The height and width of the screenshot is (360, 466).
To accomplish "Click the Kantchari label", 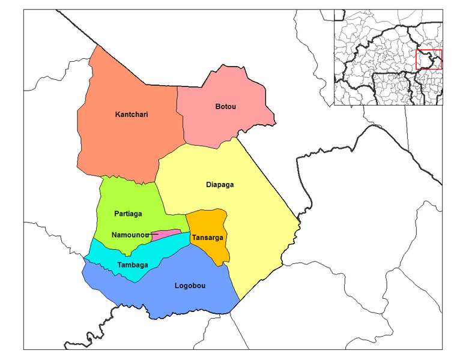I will (x=132, y=114).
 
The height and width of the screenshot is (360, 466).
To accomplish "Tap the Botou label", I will (x=225, y=107).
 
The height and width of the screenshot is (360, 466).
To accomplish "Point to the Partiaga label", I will (x=128, y=213).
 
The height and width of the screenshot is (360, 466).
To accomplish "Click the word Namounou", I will (x=129, y=235).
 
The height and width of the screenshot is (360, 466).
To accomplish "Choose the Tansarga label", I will (x=207, y=238).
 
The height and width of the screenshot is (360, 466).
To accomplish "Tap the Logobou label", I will (x=190, y=286).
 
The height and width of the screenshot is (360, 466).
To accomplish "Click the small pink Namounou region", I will (x=168, y=233).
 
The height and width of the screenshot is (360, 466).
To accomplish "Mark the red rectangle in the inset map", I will (x=429, y=59).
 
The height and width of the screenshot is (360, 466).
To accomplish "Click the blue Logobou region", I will (x=180, y=300).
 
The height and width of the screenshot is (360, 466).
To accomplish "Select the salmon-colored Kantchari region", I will (x=126, y=138).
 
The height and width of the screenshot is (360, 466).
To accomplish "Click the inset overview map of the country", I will (x=387, y=57).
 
